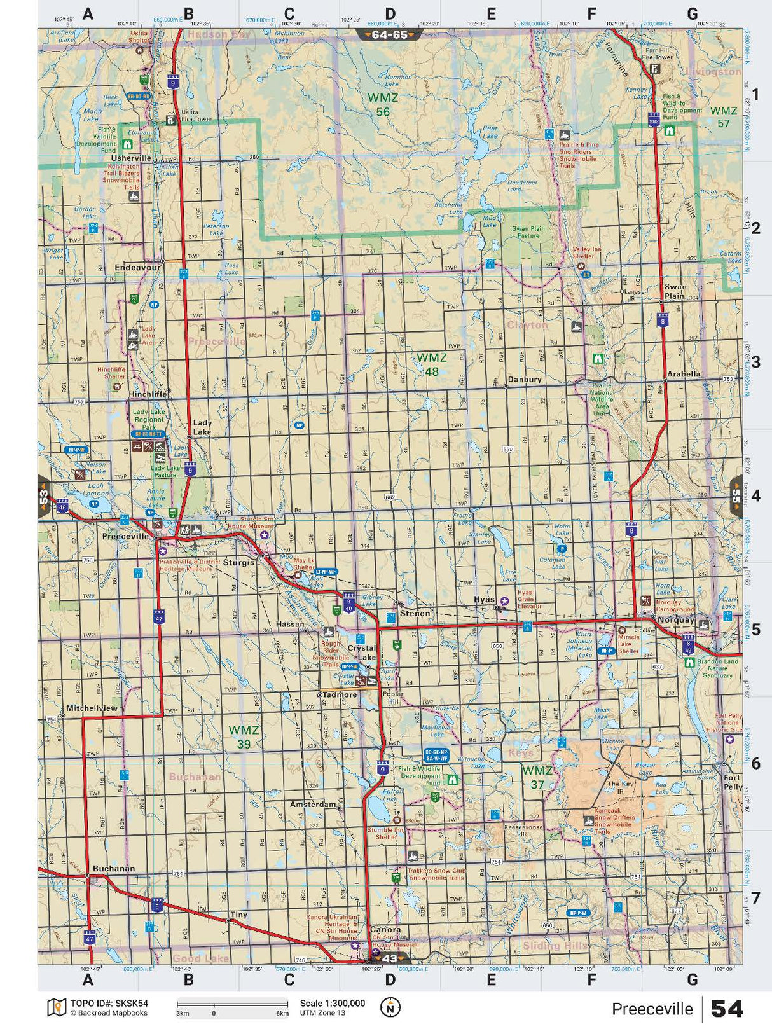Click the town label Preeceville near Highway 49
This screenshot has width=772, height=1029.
click(x=125, y=536)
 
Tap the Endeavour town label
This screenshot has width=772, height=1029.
click(x=137, y=268)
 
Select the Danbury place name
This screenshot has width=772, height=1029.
click(x=525, y=380)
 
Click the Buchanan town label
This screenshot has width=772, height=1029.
click(x=113, y=868)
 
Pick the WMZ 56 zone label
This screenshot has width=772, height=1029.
click(x=383, y=105)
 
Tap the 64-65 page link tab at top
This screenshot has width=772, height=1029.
click(x=389, y=35)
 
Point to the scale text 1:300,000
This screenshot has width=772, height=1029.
click(x=333, y=1003)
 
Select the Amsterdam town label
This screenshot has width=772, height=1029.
click(x=312, y=805)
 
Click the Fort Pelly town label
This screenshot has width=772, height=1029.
click(x=733, y=782)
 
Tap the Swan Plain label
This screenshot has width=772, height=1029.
click(x=675, y=291)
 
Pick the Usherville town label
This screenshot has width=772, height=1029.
click(x=131, y=158)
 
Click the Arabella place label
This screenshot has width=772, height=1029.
click(x=684, y=374)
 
